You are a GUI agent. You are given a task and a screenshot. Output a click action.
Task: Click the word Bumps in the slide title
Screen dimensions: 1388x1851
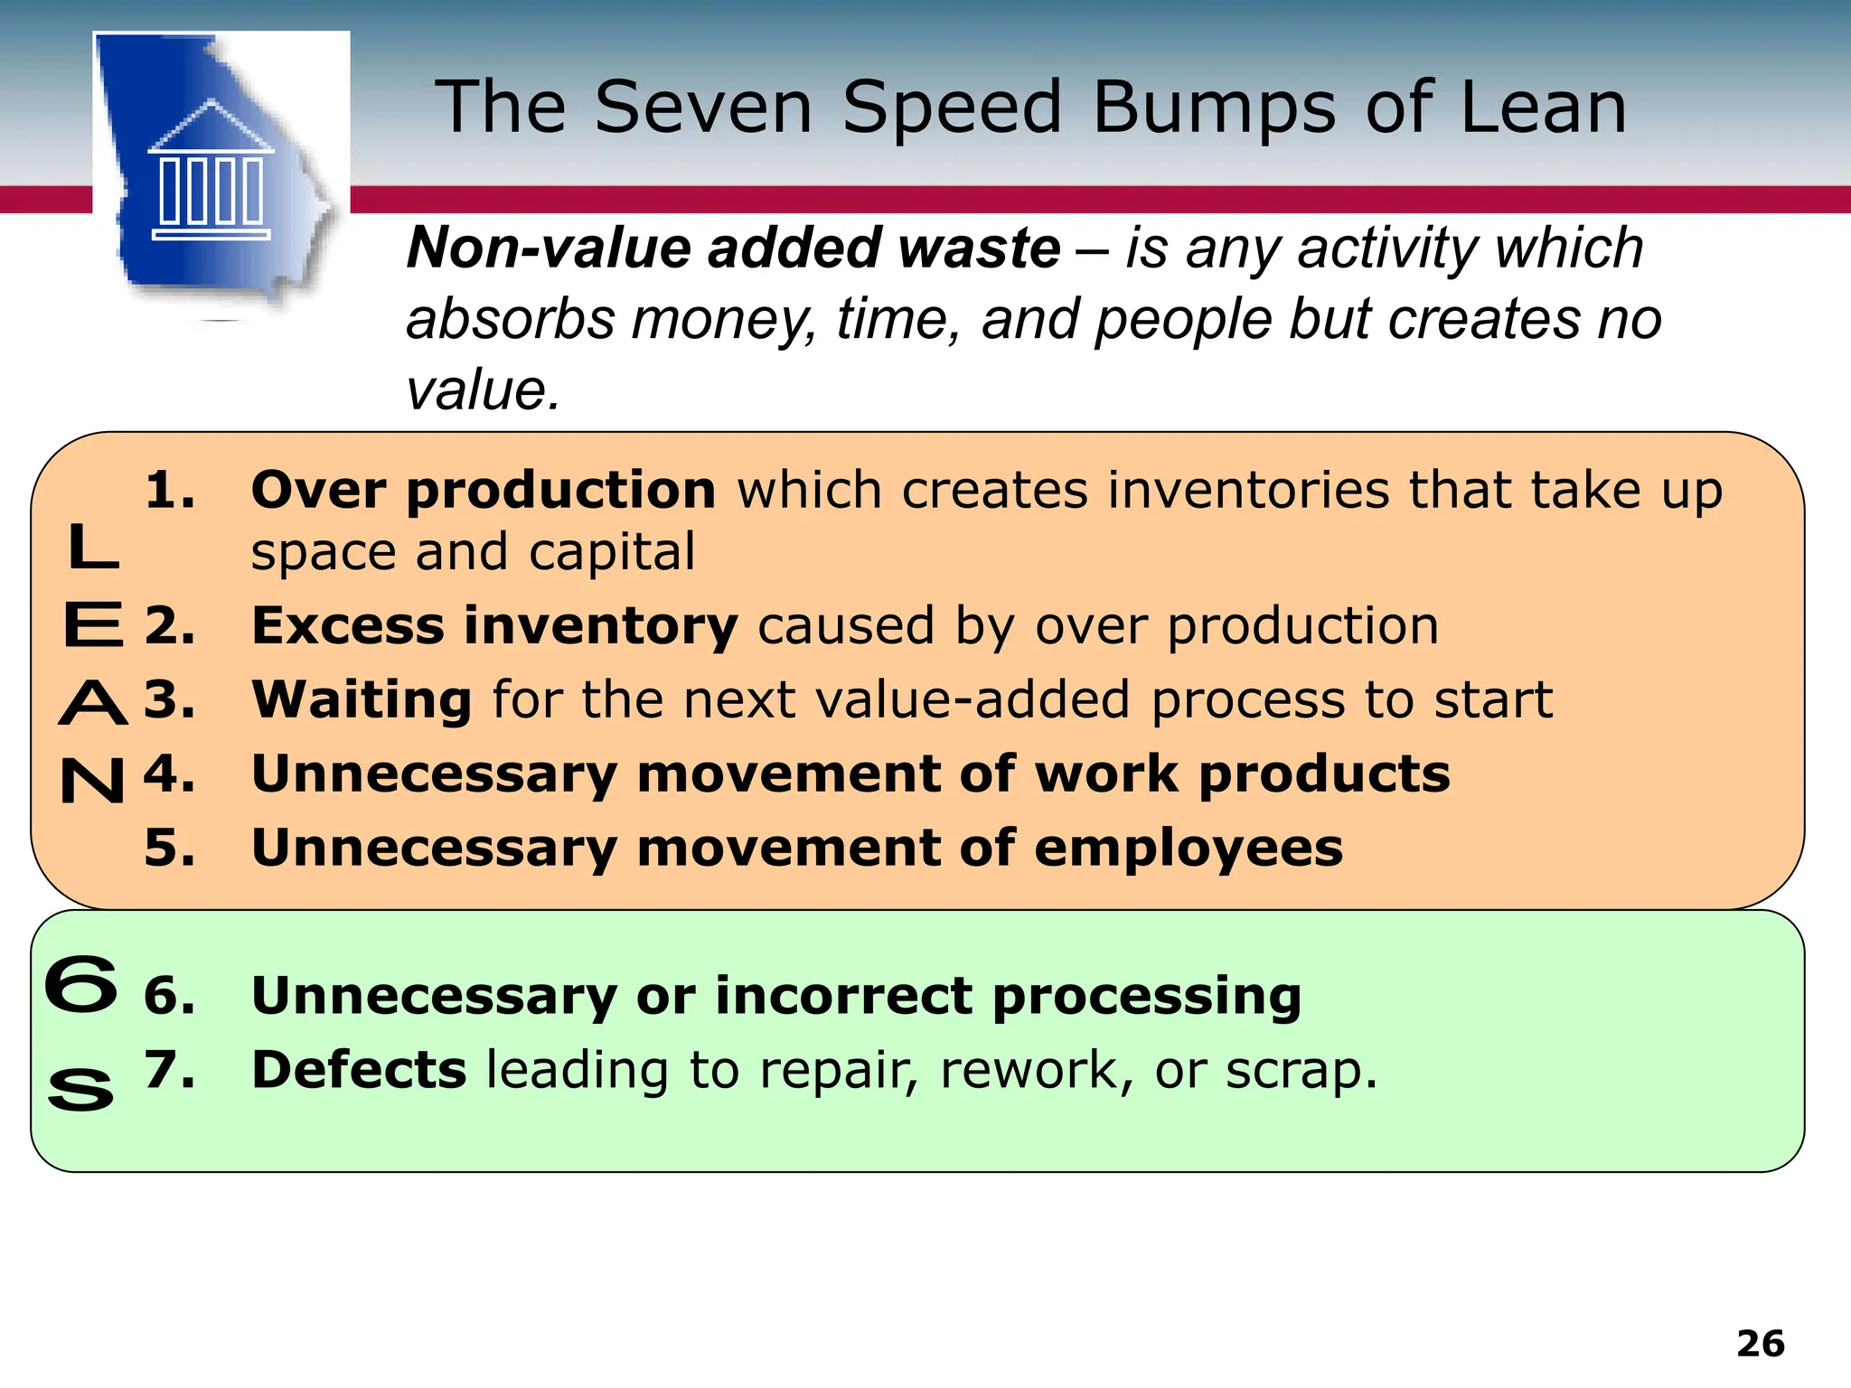(x=1214, y=108)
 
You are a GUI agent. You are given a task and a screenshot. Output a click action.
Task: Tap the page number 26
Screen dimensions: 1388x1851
(x=1760, y=1344)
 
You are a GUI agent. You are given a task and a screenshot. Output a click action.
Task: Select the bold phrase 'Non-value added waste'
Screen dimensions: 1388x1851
(x=733, y=248)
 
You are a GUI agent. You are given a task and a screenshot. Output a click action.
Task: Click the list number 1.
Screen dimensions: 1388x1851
(x=169, y=491)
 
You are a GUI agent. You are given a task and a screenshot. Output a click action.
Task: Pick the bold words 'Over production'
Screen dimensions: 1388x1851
(x=484, y=491)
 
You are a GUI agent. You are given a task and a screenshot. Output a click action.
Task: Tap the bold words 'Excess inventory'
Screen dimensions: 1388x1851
(x=494, y=625)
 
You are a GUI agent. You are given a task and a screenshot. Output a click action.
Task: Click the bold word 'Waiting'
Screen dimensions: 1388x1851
(x=362, y=699)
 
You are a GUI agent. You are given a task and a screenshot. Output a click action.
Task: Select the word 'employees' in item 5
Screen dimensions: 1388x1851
(x=1188, y=849)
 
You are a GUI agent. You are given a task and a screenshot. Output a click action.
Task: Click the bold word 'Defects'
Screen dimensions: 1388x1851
(x=359, y=1070)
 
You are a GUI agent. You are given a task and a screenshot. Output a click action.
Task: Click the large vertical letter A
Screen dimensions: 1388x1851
(x=93, y=703)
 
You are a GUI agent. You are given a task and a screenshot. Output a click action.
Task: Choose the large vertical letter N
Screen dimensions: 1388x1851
(x=92, y=780)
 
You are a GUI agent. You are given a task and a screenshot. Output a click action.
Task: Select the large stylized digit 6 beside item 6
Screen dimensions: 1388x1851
(x=81, y=985)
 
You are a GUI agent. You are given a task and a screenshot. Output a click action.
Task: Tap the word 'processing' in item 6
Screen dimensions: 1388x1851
(x=1146, y=997)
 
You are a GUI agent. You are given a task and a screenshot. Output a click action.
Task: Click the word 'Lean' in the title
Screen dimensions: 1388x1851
(x=1543, y=108)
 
